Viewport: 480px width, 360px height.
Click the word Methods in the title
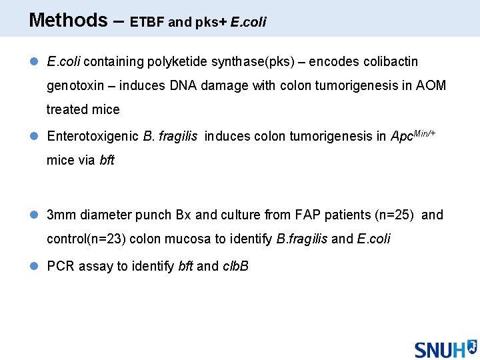tap(68, 20)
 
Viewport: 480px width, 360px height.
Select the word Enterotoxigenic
tap(93, 137)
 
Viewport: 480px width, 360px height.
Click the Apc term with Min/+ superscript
tap(413, 135)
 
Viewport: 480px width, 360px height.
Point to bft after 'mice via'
tap(107, 161)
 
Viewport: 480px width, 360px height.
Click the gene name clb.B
tap(235, 267)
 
